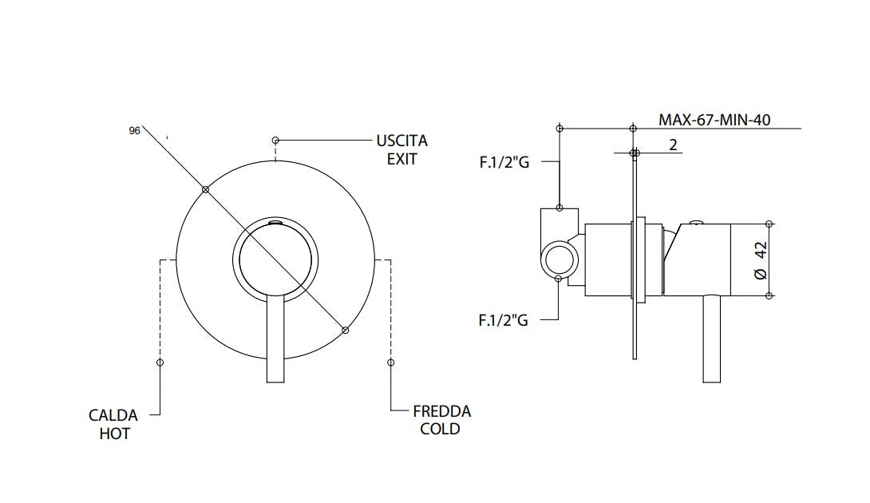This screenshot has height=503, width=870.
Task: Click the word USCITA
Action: [x=401, y=141]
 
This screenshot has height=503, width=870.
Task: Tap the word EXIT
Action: [x=401, y=158]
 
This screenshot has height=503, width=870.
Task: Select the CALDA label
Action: [x=113, y=415]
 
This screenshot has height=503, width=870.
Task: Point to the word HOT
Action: [x=114, y=434]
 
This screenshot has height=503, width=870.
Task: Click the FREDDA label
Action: [x=441, y=411]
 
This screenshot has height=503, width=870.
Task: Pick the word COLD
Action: [x=440, y=430]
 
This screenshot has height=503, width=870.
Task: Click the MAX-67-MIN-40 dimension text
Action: [x=714, y=120]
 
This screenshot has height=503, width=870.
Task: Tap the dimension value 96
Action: [x=134, y=130]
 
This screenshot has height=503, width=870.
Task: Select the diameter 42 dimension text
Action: [x=760, y=259]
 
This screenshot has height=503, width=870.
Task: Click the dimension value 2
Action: [x=673, y=145]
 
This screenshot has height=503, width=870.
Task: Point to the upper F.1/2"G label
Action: [x=504, y=163]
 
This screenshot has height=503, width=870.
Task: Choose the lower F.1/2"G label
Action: [x=503, y=320]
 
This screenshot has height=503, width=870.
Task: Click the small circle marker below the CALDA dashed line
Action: [x=160, y=362]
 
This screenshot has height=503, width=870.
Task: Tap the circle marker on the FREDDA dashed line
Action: [x=390, y=362]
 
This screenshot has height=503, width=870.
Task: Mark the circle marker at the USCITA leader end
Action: [x=275, y=139]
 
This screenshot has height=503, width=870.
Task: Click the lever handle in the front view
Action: [x=275, y=339]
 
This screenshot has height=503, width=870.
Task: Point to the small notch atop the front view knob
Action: [x=275, y=223]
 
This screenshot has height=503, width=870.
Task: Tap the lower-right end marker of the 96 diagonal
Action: [x=345, y=330]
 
